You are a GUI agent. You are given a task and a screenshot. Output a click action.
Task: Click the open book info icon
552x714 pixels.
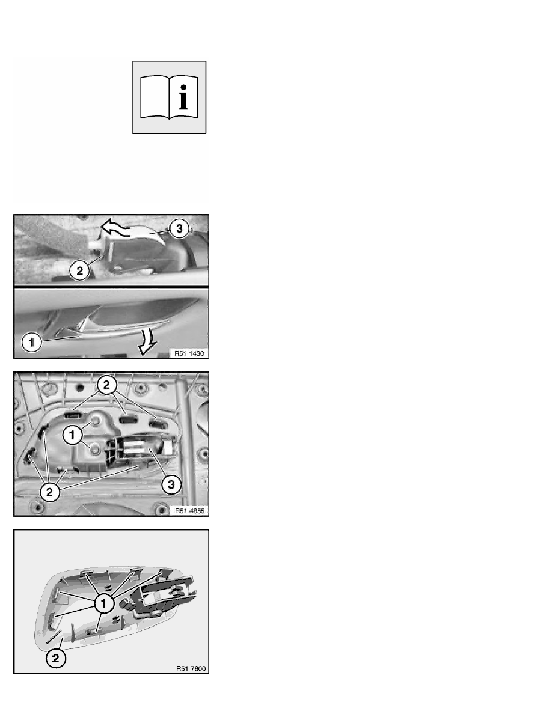click(x=169, y=97)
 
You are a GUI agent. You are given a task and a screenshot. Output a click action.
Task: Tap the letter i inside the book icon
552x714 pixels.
click(x=183, y=97)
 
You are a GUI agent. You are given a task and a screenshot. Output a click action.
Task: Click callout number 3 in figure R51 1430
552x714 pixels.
click(x=179, y=228)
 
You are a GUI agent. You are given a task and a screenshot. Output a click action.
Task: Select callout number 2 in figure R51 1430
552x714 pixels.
click(x=80, y=271)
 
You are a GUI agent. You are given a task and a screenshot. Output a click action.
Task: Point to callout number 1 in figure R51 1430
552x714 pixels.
click(x=31, y=342)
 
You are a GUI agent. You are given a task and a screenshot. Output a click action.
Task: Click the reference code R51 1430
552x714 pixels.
click(x=189, y=353)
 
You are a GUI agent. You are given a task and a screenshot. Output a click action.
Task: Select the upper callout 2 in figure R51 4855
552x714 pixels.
click(x=106, y=385)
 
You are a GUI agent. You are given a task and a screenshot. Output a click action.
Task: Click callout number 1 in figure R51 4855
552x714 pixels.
click(x=72, y=435)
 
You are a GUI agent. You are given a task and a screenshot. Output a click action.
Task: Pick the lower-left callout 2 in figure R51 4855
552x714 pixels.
click(x=50, y=492)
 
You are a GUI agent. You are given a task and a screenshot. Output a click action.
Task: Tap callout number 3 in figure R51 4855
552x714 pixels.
click(x=171, y=484)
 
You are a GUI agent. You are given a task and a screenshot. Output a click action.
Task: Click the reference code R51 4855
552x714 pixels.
click(x=190, y=511)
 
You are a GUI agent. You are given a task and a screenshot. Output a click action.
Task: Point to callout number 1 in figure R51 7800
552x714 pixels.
click(x=104, y=604)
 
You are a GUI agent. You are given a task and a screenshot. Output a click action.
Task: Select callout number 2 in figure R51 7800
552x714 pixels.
click(x=55, y=659)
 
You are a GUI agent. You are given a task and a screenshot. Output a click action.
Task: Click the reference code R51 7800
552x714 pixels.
click(x=191, y=668)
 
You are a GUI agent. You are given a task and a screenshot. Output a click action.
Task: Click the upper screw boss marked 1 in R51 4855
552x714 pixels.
click(x=96, y=421)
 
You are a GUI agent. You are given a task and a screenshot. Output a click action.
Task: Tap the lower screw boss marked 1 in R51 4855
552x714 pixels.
click(x=95, y=450)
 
